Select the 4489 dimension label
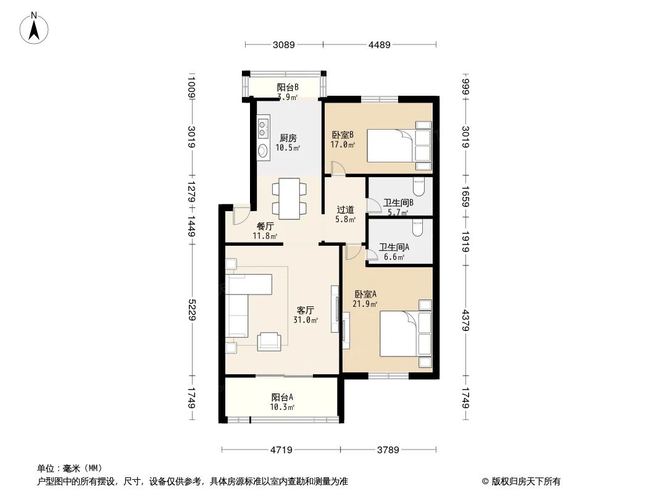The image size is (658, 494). tap(380, 44)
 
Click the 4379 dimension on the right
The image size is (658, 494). tap(466, 320)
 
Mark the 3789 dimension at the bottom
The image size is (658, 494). tap(388, 450)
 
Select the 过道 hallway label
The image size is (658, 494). tap(345, 209)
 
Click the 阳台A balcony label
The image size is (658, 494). tap(282, 397)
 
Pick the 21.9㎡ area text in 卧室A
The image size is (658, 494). tap(365, 304)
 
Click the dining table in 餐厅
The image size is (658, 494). tap(289, 198)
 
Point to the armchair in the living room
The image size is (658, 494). tap(269, 340)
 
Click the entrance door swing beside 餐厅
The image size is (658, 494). tap(240, 216)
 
